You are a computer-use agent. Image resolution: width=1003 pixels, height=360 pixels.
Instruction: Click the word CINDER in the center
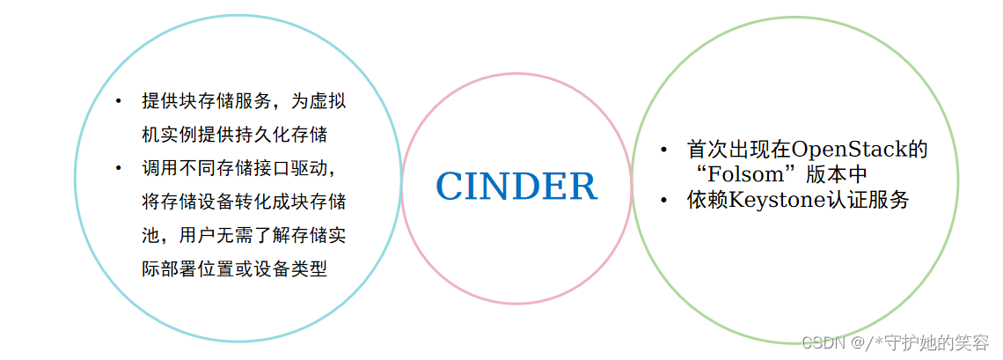[x=516, y=187]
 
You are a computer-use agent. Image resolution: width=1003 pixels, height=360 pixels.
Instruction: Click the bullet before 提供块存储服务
[x=118, y=100]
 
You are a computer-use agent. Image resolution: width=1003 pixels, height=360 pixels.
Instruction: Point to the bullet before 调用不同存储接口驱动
[x=118, y=167]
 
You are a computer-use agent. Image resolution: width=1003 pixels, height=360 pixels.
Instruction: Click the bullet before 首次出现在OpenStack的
[x=665, y=150]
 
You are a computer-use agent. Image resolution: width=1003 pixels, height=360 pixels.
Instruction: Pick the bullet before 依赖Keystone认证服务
[x=665, y=201]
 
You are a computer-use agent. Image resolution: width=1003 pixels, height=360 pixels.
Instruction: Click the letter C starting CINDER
[x=450, y=187]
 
